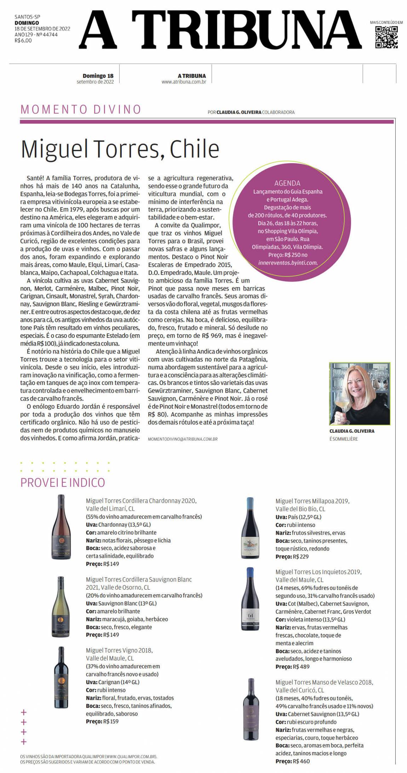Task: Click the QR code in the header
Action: (x=386, y=37)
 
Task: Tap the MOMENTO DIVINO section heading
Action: (x=81, y=109)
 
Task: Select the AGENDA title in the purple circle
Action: (x=287, y=183)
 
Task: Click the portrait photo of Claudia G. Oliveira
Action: (x=360, y=393)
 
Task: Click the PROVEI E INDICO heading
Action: (x=63, y=483)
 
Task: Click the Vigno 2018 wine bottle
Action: (x=61, y=677)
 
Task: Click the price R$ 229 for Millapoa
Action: (x=300, y=557)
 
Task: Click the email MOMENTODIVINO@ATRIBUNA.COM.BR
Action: (x=183, y=439)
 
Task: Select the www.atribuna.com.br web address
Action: (x=184, y=82)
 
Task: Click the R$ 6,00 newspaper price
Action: (x=23, y=41)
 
